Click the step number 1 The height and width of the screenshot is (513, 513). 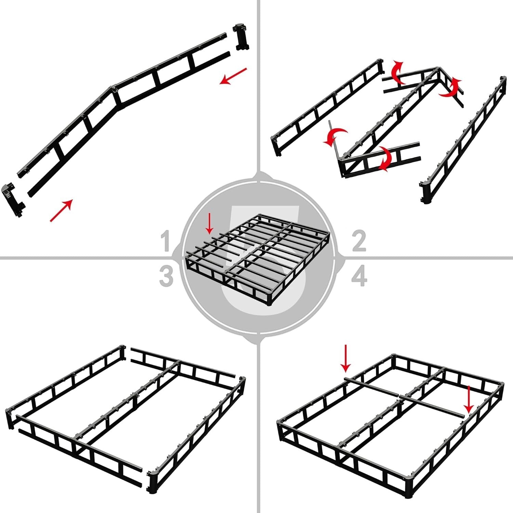[166, 241]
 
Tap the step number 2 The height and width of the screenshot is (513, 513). [359, 241]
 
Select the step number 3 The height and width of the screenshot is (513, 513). [166, 276]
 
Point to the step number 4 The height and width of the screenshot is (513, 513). [359, 276]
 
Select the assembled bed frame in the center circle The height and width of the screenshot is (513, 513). [258, 260]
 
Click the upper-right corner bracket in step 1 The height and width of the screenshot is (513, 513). [241, 37]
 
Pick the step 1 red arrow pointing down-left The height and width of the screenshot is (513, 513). [233, 76]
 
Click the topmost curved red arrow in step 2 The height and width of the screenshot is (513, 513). [397, 72]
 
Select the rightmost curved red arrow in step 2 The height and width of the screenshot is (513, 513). [451, 87]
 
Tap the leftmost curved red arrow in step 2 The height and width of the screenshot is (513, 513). [335, 136]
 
